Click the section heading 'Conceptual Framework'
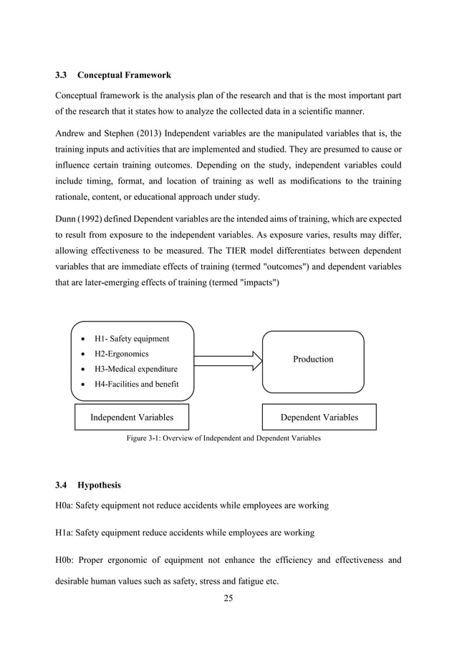(124, 74)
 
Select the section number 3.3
(62, 74)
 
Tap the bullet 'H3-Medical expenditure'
(136, 370)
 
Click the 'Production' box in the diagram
(313, 360)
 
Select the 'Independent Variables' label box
(131, 417)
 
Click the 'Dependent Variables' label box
(319, 417)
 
